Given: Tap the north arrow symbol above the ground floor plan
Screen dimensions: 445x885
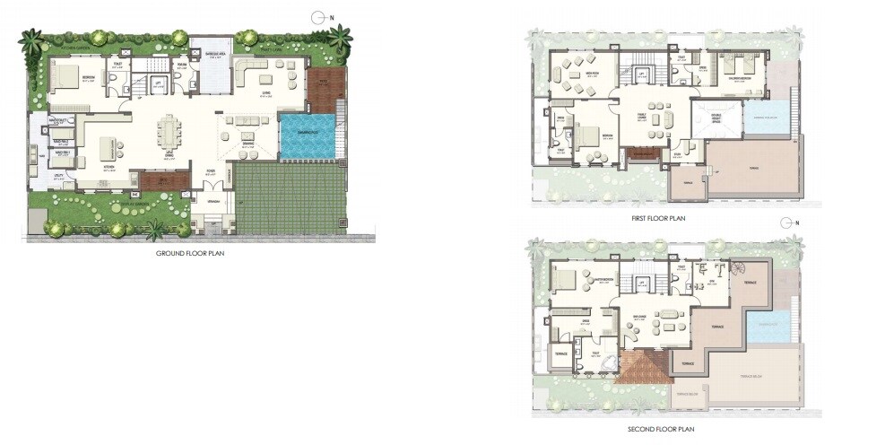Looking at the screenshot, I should [x=319, y=16].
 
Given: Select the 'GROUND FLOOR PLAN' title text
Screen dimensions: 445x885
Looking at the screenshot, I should [x=190, y=254].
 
